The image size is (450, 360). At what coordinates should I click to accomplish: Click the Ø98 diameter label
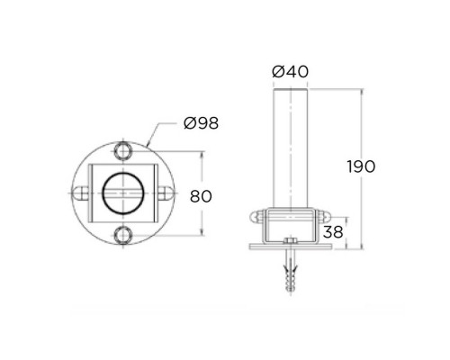point(201,123)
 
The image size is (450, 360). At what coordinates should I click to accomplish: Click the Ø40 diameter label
point(290,71)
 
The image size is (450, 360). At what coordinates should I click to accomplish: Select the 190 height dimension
point(361,166)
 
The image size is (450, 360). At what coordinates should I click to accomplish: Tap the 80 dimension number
point(201,196)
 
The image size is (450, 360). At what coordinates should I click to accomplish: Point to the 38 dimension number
point(333,231)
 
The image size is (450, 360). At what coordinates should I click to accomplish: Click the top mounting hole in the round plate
point(123,151)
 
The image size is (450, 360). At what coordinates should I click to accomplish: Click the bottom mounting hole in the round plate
point(123,236)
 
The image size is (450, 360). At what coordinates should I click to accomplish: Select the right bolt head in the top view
point(165,193)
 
